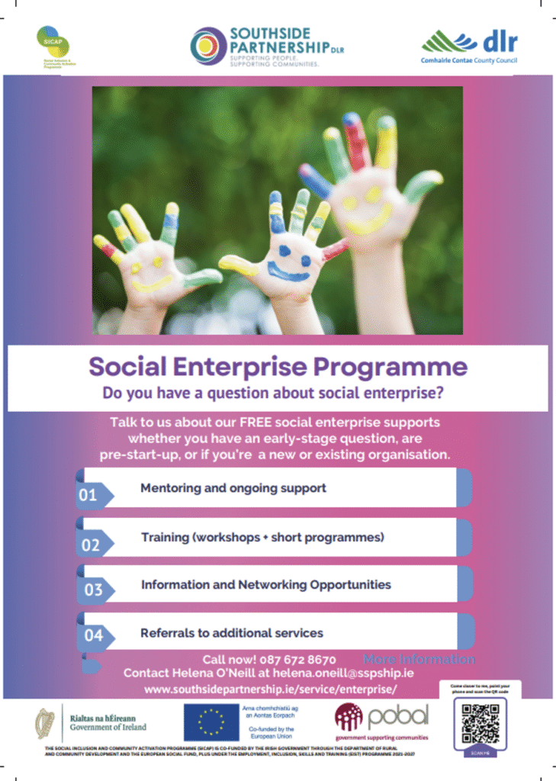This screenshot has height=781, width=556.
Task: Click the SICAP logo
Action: [x=53, y=43]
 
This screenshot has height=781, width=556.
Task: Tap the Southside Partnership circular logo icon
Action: [x=208, y=45]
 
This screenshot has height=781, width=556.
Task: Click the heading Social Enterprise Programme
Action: [x=278, y=367]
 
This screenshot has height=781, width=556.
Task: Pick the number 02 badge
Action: [x=90, y=545]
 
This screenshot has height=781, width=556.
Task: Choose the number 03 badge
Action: [x=92, y=590]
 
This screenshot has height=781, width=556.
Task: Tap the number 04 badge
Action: [x=92, y=635]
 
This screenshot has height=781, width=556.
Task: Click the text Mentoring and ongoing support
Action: [x=233, y=488]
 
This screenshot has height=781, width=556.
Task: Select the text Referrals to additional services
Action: [x=232, y=633]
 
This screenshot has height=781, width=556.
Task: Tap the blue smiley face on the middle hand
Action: [x=288, y=259]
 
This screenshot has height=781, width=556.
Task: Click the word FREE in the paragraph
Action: [x=242, y=422]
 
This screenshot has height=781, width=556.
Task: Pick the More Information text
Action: [x=419, y=659]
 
